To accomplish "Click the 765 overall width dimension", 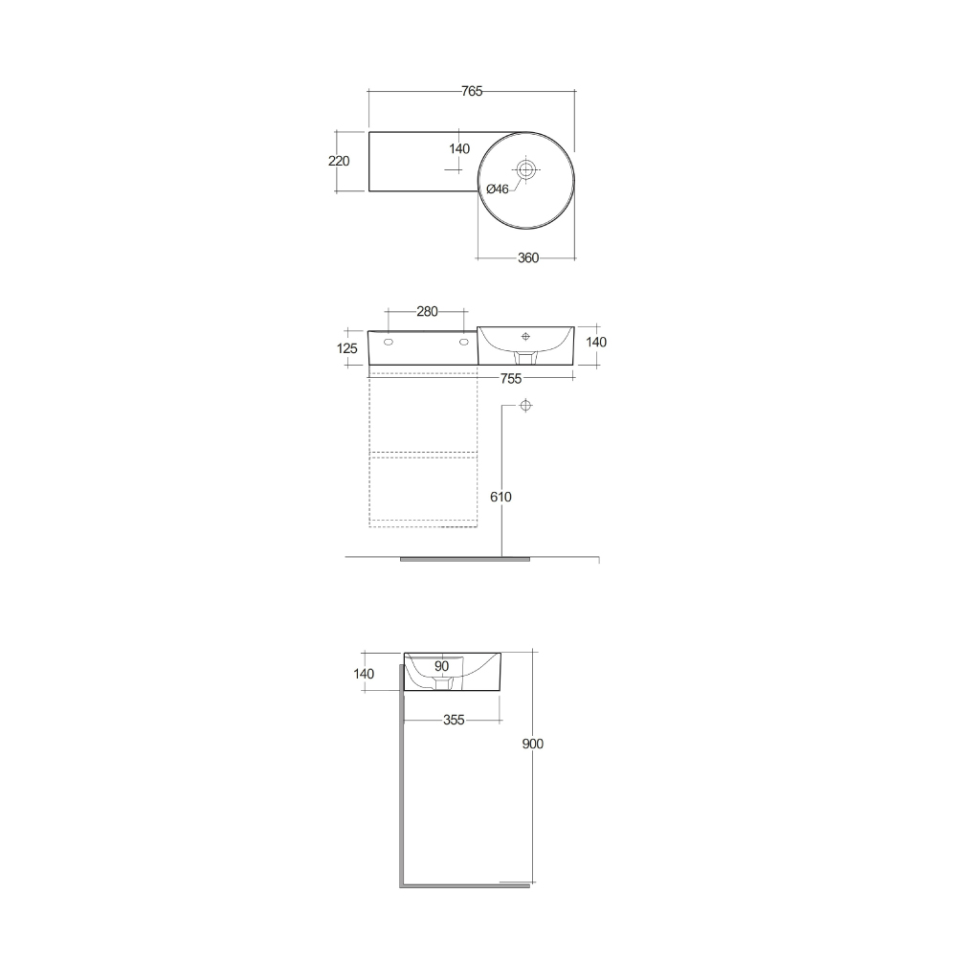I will coord(471,91).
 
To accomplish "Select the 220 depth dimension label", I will coord(339,161).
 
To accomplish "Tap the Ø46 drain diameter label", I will coord(498,189).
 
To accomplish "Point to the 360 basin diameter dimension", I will coord(527,257).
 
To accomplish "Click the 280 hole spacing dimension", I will coord(427,311).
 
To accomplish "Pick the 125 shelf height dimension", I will coord(348,348).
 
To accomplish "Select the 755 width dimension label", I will coord(511,379).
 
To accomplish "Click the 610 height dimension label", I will coord(501,497).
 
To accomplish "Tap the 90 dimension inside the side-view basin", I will coord(441,666).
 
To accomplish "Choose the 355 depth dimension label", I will coord(454,720).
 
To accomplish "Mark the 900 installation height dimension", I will coord(533,744).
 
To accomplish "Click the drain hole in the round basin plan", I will coord(525,169).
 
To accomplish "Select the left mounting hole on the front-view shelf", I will coord(389,341).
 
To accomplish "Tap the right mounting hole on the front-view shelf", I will coord(464,341).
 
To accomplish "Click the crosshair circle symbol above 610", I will coord(525,407).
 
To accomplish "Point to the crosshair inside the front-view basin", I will coord(525,336).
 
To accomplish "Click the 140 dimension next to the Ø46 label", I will coord(459,148).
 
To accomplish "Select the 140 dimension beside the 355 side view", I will coord(364,673).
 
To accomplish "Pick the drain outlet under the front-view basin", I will coord(525,357).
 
